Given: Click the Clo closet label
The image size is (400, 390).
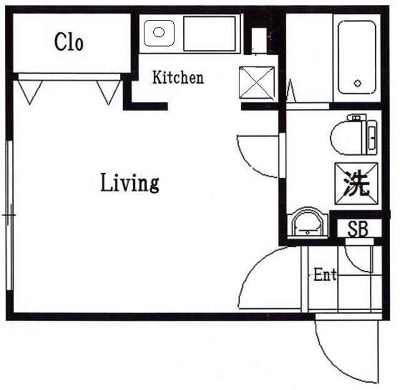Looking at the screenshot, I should (69, 42).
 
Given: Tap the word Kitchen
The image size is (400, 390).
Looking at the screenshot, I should (178, 78).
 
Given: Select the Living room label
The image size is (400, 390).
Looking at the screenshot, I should (130, 183).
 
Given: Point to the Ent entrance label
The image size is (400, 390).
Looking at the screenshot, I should (325, 275).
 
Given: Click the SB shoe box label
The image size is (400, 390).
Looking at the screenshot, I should (358, 229).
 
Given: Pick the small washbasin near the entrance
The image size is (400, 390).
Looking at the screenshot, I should (307, 222).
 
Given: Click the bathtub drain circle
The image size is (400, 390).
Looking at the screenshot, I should (357, 83).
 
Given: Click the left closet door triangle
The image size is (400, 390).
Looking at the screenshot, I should (29, 90).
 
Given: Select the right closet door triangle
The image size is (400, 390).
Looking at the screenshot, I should (109, 90).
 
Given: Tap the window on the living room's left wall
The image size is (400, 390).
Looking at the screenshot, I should (9, 215).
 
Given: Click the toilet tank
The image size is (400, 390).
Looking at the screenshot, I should (372, 136).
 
